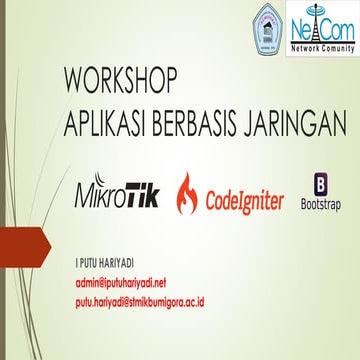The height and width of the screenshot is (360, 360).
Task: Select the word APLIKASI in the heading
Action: pyautogui.click(x=103, y=111)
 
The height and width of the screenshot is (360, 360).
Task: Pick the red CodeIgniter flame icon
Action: pyautogui.click(x=187, y=190)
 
